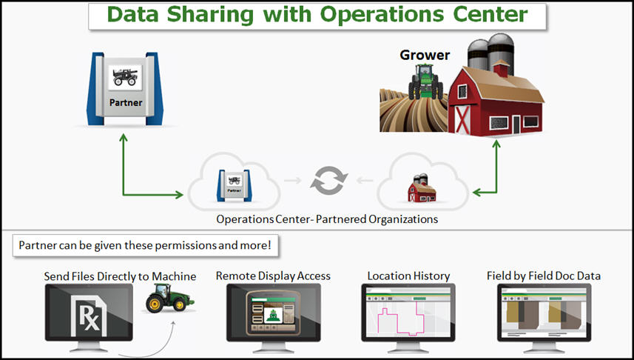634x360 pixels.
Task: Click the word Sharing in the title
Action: tap(211, 15)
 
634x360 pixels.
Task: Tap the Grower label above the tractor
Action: tap(425, 55)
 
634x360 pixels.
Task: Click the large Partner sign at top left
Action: tap(125, 89)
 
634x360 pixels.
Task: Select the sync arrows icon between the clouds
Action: tap(328, 181)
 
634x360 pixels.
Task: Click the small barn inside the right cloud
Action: tap(422, 188)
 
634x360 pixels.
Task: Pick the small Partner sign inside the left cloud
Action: tap(234, 185)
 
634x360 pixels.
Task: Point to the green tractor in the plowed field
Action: tap(425, 81)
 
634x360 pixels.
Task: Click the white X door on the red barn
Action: tap(463, 119)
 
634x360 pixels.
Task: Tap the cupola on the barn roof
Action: tap(501, 69)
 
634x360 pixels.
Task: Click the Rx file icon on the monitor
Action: tap(90, 316)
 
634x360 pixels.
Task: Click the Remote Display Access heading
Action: tap(273, 276)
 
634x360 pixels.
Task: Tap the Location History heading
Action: tap(408, 276)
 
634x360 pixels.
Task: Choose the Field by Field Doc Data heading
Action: tap(544, 276)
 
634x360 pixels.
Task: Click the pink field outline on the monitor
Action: tap(400, 321)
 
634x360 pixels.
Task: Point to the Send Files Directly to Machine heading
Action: tap(120, 276)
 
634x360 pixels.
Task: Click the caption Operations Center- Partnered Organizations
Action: tap(327, 219)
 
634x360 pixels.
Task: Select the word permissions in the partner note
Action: tap(186, 245)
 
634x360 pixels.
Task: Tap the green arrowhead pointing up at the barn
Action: tap(496, 144)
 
